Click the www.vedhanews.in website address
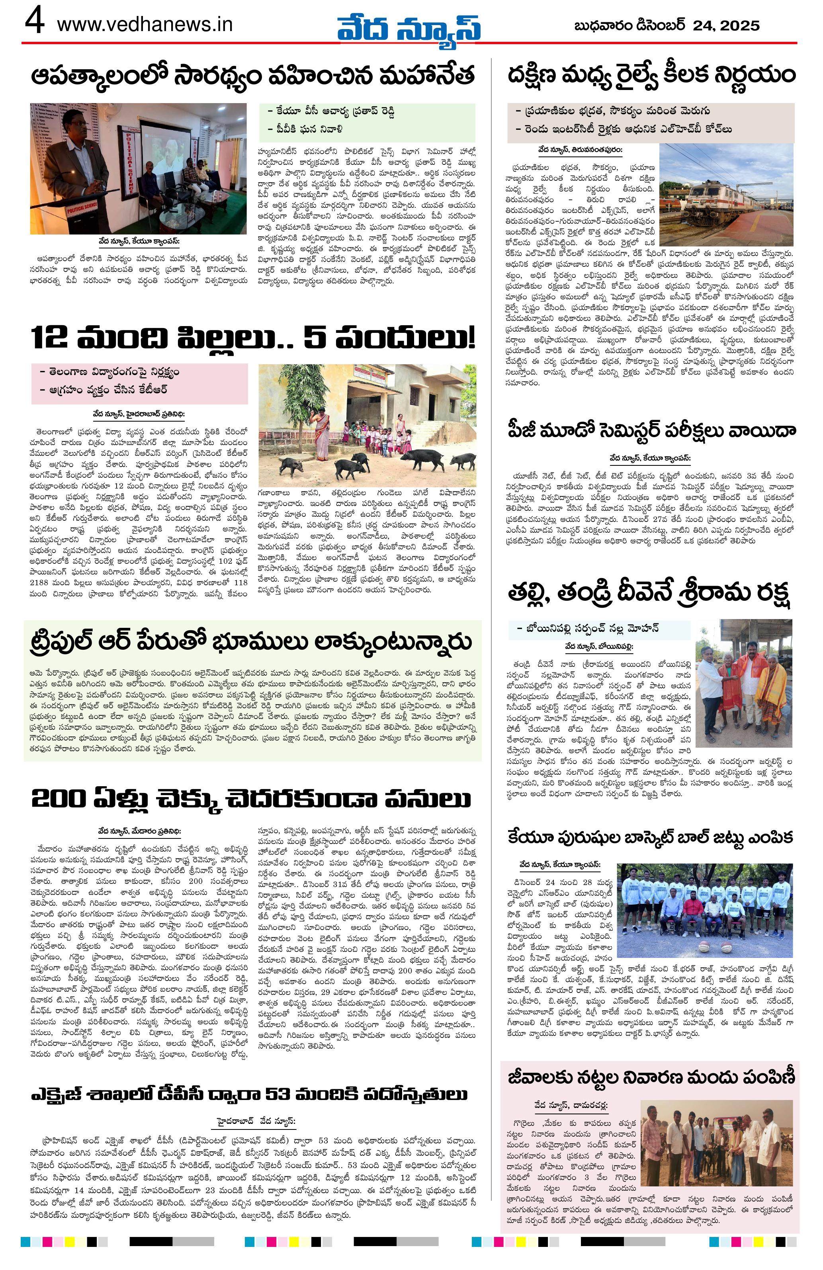point(144,25)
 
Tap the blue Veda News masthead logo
point(408,27)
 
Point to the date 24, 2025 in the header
point(726,25)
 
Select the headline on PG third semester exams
point(651,430)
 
